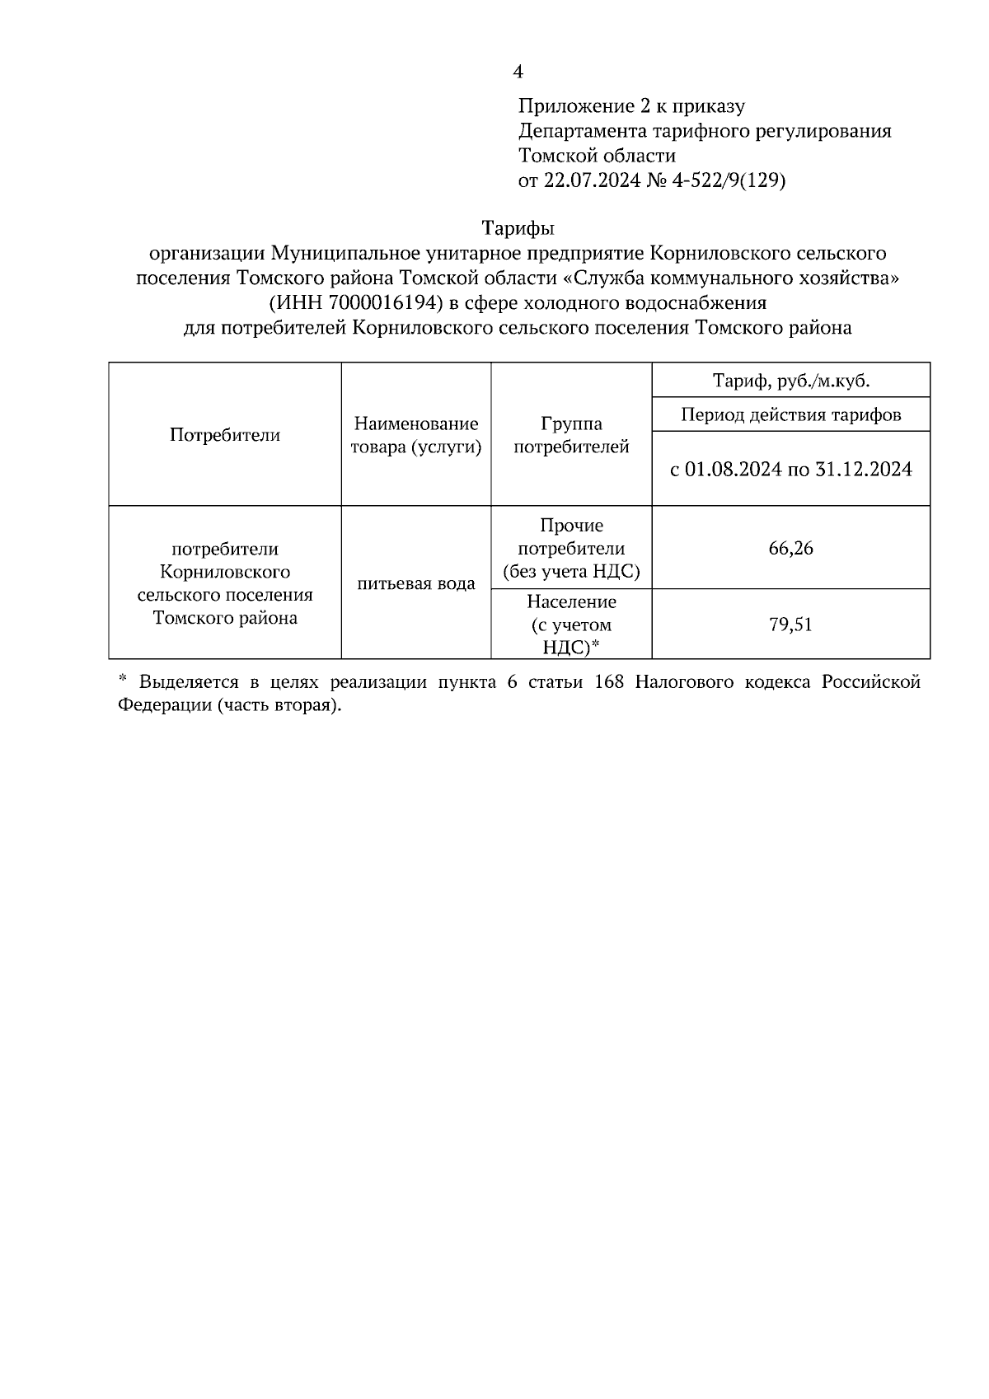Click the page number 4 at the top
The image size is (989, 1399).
click(518, 73)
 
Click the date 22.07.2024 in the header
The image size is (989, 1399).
click(591, 180)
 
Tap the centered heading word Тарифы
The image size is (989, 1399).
click(518, 227)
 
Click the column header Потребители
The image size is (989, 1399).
click(225, 435)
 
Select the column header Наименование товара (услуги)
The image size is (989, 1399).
click(416, 435)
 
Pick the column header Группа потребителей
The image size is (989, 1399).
click(571, 435)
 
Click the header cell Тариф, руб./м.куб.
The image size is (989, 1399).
click(790, 381)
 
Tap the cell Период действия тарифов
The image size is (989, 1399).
click(790, 414)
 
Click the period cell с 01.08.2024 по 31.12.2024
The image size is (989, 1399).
click(790, 470)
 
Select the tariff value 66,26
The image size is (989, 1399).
click(790, 548)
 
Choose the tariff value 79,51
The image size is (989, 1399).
click(790, 625)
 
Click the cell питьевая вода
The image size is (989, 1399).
click(416, 584)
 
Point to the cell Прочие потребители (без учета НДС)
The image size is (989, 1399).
click(571, 548)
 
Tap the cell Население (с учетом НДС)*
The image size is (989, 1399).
click(571, 625)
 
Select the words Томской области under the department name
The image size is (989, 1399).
click(597, 156)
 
